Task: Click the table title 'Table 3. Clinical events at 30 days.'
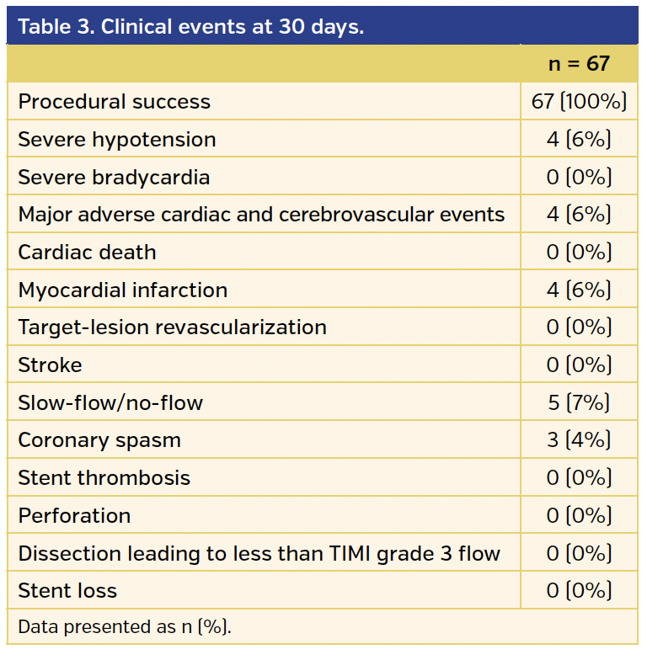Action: point(191,26)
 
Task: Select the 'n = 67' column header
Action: point(579,64)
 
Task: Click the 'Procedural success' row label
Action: point(114,102)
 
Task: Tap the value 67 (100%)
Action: point(579,102)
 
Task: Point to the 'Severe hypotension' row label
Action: point(117,140)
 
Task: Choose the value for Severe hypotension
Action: point(579,140)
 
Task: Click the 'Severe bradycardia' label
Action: point(114,177)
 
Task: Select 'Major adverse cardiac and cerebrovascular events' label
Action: point(261,215)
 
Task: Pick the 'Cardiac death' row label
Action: point(87,253)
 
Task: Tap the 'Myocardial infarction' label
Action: point(123,290)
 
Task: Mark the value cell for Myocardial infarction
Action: point(579,290)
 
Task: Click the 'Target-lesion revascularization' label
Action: point(172,327)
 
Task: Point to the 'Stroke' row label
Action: point(50,365)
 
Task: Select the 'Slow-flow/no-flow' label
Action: point(110,403)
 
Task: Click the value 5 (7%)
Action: point(579,403)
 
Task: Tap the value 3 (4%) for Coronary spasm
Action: point(579,440)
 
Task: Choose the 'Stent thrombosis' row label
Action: point(104,478)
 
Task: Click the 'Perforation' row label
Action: point(74,516)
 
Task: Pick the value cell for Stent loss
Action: point(579,591)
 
